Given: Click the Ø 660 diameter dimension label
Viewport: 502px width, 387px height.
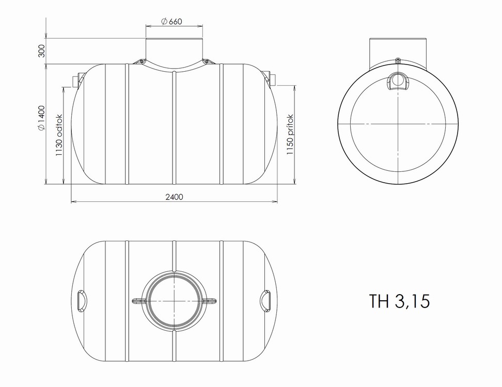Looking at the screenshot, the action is (x=171, y=22).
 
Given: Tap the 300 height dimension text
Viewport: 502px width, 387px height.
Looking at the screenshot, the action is (x=42, y=51).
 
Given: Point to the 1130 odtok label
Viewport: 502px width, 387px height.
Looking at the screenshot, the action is (x=59, y=135).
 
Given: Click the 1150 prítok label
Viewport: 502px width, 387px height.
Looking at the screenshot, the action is (x=290, y=134).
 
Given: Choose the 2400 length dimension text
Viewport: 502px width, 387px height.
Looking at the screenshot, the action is (x=175, y=197).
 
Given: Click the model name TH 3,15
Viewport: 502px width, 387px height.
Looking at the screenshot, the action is (x=399, y=301).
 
